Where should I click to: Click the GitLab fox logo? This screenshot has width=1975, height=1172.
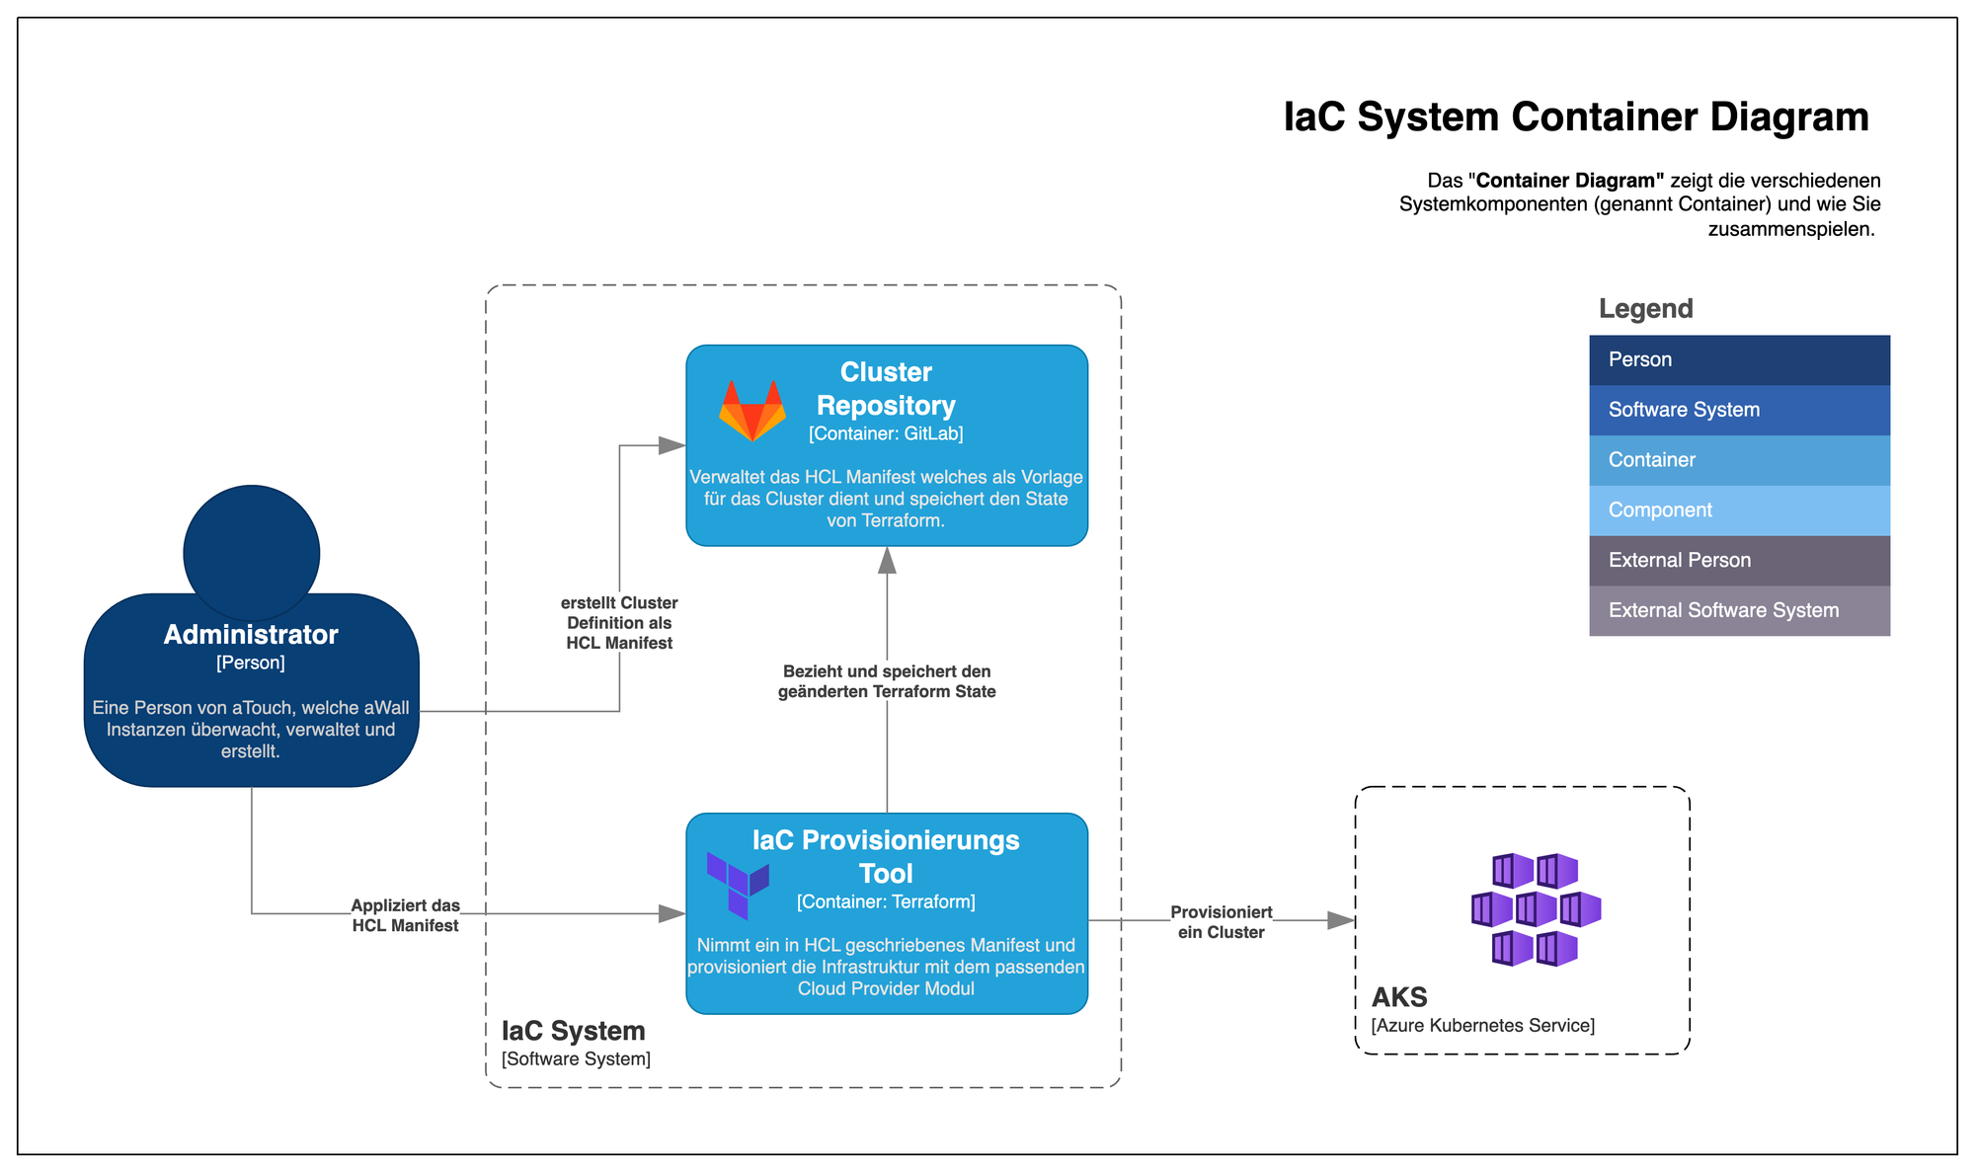(752, 410)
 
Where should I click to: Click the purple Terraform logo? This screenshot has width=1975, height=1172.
(738, 885)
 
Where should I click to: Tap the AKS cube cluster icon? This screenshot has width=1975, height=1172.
(1536, 909)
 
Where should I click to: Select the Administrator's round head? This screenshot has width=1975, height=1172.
(252, 552)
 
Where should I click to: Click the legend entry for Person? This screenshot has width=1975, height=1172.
(1739, 359)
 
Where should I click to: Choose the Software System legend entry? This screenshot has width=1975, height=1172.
(1739, 410)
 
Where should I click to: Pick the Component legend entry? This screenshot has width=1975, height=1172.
(1739, 510)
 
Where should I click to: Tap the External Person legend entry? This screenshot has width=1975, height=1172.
(1739, 561)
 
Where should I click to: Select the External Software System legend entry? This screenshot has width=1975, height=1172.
(1739, 611)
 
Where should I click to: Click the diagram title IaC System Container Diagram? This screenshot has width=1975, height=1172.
(1575, 117)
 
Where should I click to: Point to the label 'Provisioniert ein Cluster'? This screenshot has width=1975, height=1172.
(1221, 922)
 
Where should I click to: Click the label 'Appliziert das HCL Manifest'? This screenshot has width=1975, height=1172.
(405, 915)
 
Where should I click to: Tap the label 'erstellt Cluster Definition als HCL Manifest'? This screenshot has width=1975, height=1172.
(619, 623)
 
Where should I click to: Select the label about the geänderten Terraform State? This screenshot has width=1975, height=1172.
(887, 681)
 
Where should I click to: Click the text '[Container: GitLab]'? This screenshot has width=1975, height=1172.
(886, 433)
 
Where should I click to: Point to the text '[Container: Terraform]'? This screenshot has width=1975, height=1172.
(886, 901)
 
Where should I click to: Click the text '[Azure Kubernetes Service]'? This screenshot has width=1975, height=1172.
(1482, 1025)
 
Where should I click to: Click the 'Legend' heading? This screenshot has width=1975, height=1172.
(1645, 309)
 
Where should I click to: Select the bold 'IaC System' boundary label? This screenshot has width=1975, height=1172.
(573, 1031)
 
